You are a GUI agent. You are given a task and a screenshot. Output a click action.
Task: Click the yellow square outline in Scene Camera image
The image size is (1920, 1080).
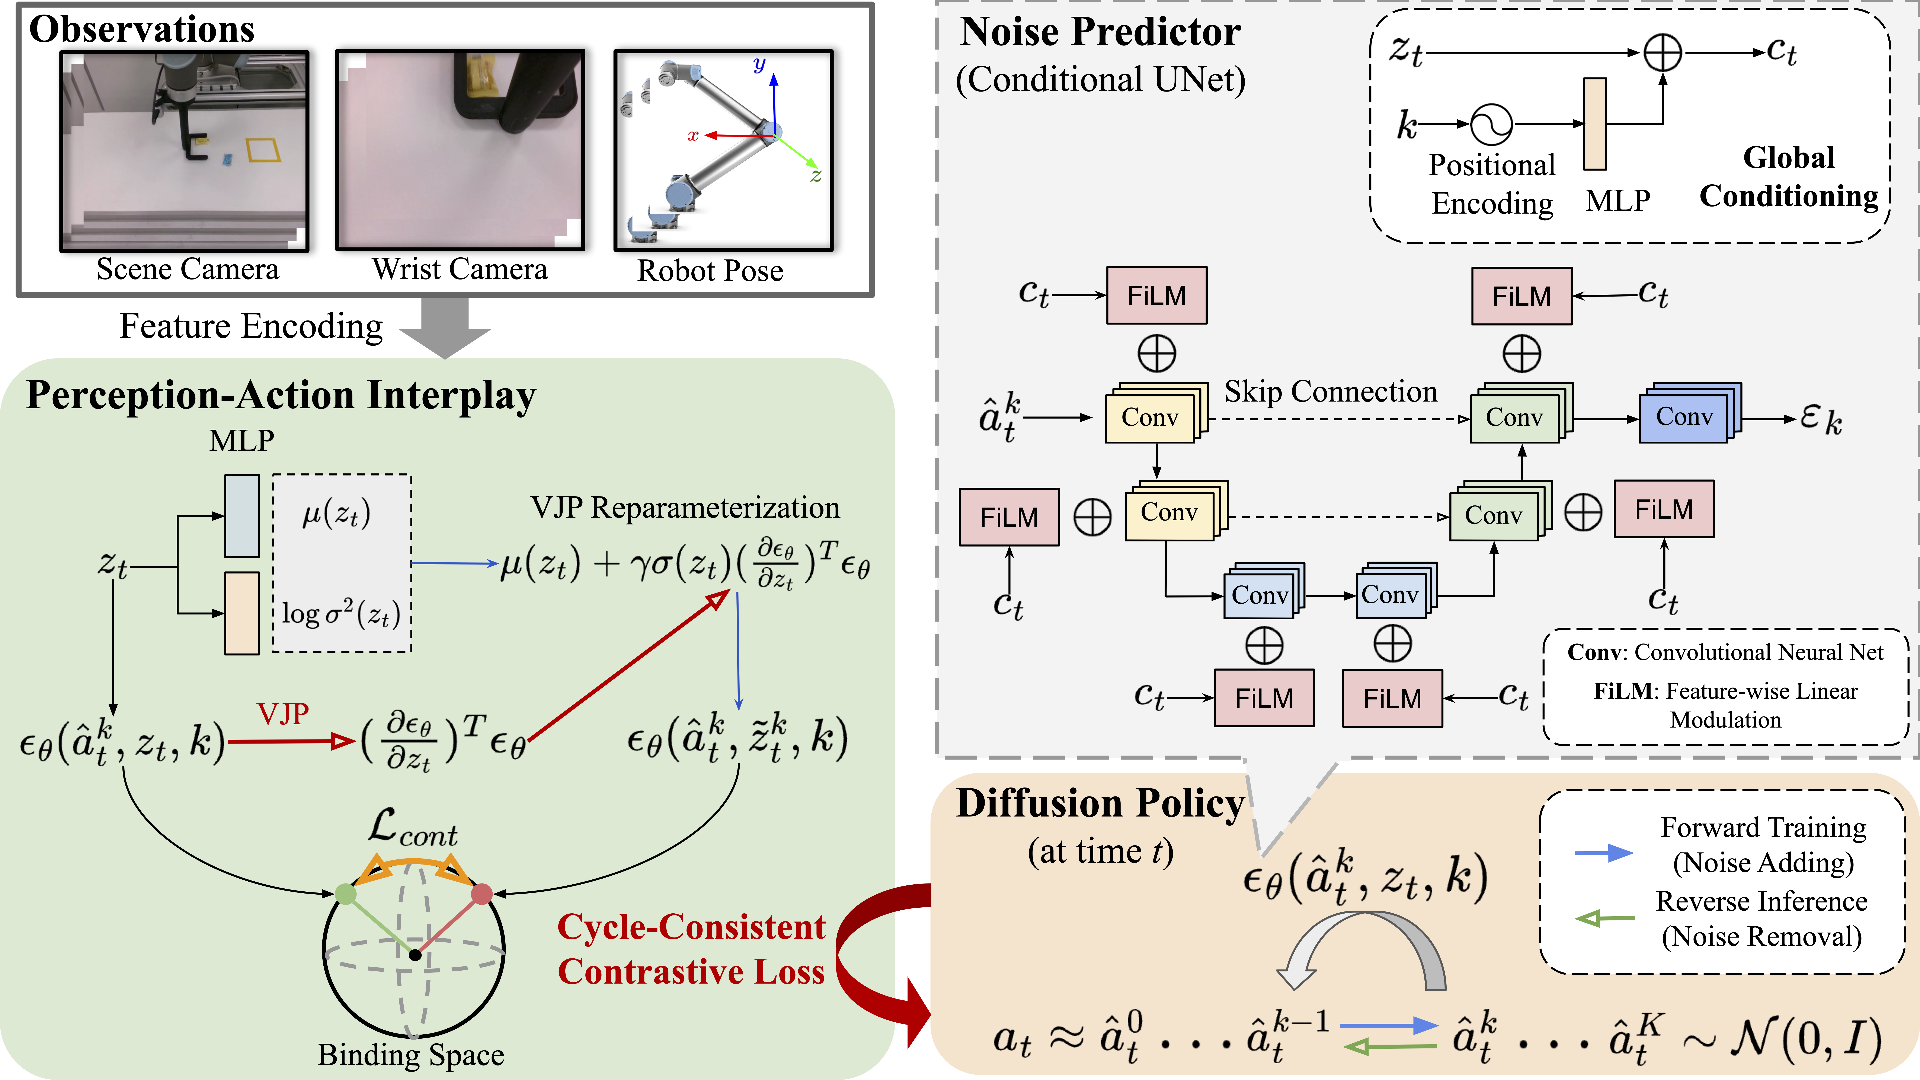click(x=263, y=150)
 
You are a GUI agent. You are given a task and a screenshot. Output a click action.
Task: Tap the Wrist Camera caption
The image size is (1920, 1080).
click(x=460, y=269)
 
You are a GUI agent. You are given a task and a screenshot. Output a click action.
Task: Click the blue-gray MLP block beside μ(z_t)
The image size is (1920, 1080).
click(x=242, y=516)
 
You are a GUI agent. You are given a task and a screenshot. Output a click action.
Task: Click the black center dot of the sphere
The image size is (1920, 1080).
click(x=415, y=955)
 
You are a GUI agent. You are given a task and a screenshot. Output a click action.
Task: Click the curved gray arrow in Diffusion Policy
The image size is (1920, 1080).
click(x=1364, y=947)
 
